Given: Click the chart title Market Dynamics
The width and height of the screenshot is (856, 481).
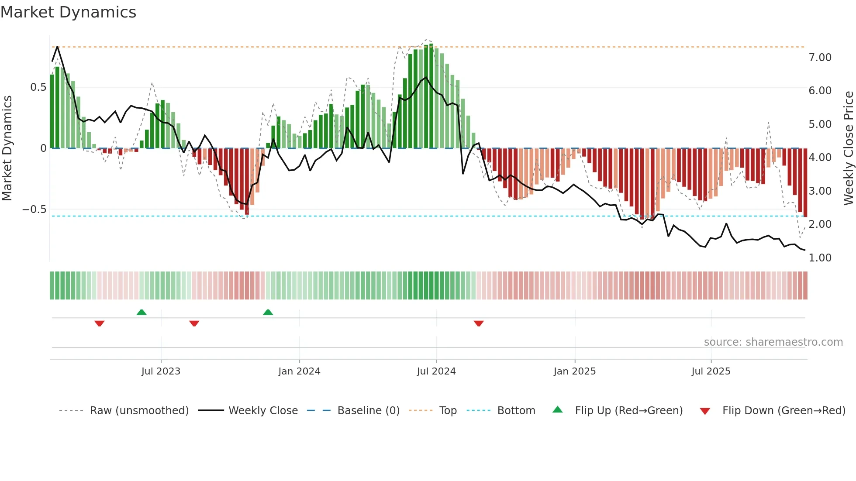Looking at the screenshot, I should coord(68,12).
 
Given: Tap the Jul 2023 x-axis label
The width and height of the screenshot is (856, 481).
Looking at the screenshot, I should coord(161,371).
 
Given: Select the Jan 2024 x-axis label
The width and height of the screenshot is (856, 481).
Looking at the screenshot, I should coord(299,371).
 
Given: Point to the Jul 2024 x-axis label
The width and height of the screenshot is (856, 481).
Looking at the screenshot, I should coord(436,371).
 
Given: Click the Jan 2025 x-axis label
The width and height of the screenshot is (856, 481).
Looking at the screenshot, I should coord(574,371).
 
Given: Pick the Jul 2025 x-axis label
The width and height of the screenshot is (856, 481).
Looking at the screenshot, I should coord(711,371).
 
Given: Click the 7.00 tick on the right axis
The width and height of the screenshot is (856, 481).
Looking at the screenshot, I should coord(820,58).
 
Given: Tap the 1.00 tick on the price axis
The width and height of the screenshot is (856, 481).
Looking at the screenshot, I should coord(820,258).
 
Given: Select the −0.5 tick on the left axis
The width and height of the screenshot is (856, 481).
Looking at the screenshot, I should coord(34,210).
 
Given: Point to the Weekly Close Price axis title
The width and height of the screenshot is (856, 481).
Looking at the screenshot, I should coord(848,148).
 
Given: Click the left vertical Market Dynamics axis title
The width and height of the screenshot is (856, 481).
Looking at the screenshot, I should coord(7,148).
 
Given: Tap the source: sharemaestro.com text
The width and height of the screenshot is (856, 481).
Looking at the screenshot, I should coord(773,342).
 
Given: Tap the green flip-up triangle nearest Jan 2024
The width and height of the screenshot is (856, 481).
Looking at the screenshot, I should coord(268,312).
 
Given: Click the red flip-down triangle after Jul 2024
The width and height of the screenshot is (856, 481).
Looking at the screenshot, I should coord(479,323).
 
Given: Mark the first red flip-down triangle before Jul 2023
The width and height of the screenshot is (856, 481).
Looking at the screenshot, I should coord(100,323).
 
